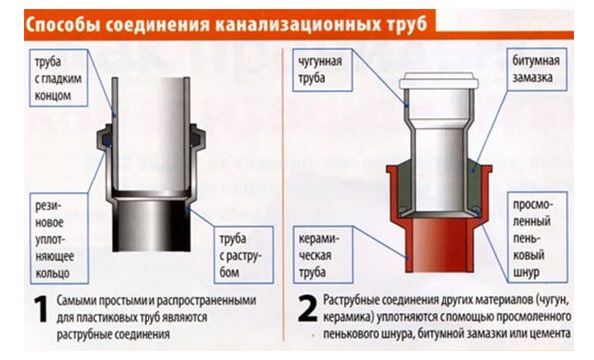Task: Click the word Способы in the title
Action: (63, 25)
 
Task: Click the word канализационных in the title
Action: (298, 25)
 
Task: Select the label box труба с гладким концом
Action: (59, 78)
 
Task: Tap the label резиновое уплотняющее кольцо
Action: (59, 238)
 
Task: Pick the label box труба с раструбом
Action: (243, 255)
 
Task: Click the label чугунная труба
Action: (322, 70)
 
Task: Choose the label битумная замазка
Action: (537, 69)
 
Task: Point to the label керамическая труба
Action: (322, 255)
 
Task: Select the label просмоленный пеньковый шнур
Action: (537, 237)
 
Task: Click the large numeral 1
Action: (41, 309)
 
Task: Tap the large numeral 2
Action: (307, 308)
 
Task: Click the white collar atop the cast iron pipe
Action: (440, 81)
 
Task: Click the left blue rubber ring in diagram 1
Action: (108, 142)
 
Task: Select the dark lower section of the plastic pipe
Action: (151, 225)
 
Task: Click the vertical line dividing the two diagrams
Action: (283, 193)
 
